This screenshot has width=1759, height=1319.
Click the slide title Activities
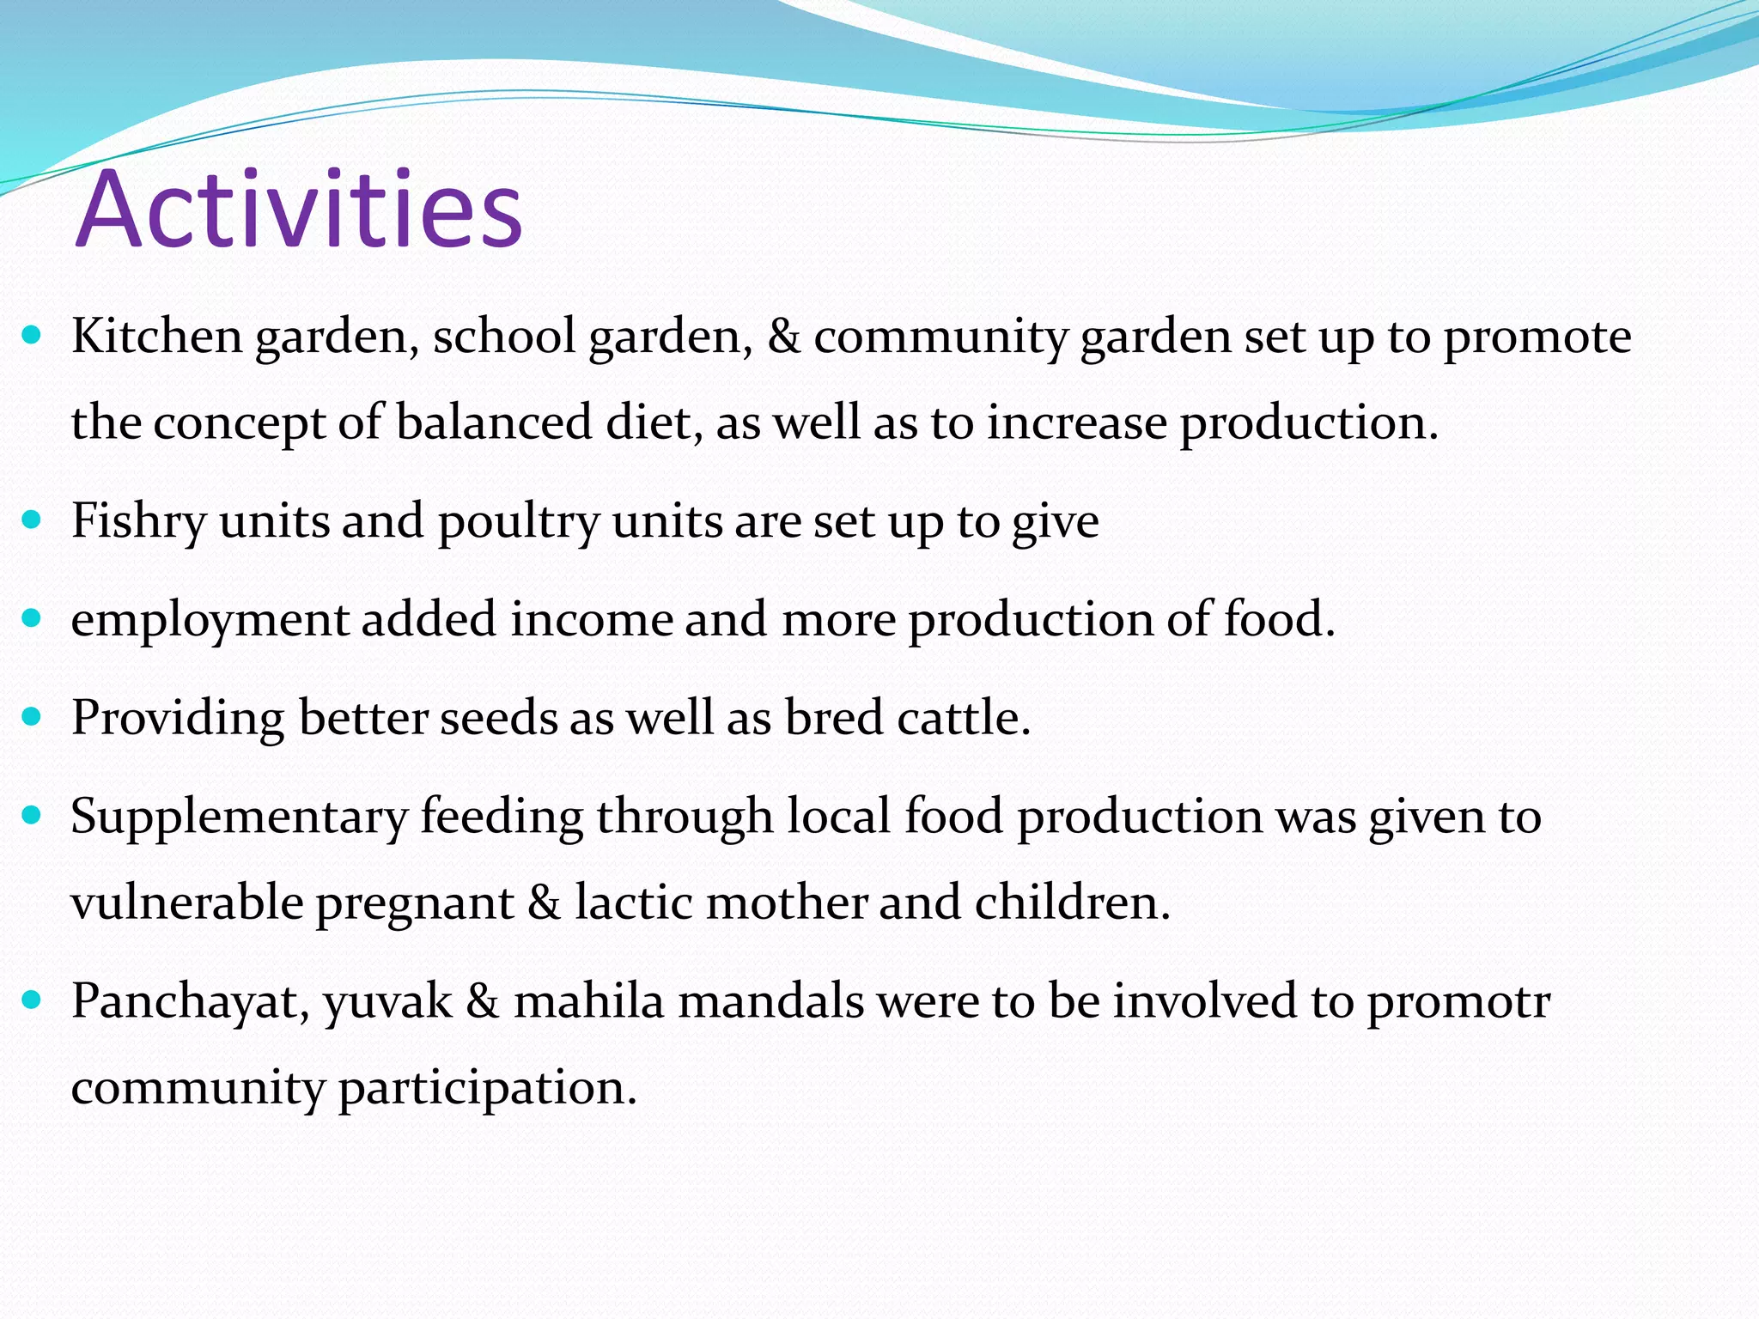298,210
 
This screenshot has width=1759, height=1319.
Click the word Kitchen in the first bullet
156,336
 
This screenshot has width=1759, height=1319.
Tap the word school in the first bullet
503,336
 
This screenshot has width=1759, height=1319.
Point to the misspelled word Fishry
137,521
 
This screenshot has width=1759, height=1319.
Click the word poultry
518,521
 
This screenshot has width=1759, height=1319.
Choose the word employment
209,620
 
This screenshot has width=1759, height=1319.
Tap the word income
591,620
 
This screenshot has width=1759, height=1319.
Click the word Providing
177,718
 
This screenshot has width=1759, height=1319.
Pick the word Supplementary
238,817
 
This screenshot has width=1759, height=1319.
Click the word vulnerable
186,903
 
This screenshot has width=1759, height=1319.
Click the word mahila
588,1001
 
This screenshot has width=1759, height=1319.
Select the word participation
487,1088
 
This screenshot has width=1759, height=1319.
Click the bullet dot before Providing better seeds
32,716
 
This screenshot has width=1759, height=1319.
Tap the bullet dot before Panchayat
32,1000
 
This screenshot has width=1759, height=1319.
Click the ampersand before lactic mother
544,903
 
